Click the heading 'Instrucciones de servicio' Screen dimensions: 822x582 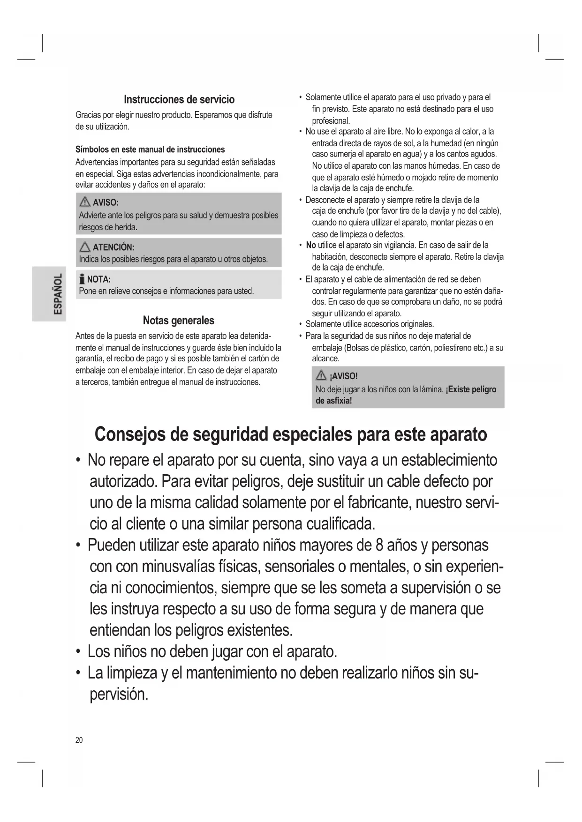[x=179, y=99]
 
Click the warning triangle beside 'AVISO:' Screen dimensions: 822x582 [x=85, y=202]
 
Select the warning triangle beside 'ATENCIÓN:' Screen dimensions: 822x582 [x=85, y=247]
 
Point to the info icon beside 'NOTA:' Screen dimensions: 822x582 [x=82, y=279]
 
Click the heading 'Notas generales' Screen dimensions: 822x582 [x=178, y=321]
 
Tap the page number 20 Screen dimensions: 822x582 [x=79, y=740]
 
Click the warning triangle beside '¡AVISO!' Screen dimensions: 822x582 [x=321, y=376]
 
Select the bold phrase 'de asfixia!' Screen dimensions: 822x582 [x=333, y=401]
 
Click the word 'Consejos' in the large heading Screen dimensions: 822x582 [x=129, y=434]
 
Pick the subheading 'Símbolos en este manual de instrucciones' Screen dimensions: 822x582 [x=150, y=149]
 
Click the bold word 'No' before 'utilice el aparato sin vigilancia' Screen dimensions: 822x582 [x=310, y=245]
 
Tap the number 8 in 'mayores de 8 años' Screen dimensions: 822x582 [x=380, y=545]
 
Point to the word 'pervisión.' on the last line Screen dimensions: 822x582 [x=119, y=694]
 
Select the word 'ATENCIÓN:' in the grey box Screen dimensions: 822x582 [x=113, y=247]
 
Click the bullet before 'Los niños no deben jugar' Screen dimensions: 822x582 [x=78, y=652]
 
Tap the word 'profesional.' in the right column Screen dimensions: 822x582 [x=331, y=120]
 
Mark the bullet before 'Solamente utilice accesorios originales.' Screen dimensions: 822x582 [x=300, y=324]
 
